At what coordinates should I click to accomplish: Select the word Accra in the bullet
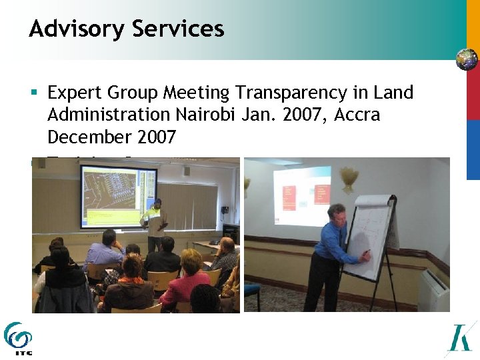(357, 115)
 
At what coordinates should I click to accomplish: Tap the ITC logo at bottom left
(17, 337)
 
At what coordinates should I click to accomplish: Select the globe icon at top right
(467, 59)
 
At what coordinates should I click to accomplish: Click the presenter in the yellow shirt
(155, 223)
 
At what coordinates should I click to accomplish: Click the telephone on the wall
(225, 213)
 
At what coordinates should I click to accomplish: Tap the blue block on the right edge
(473, 150)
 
